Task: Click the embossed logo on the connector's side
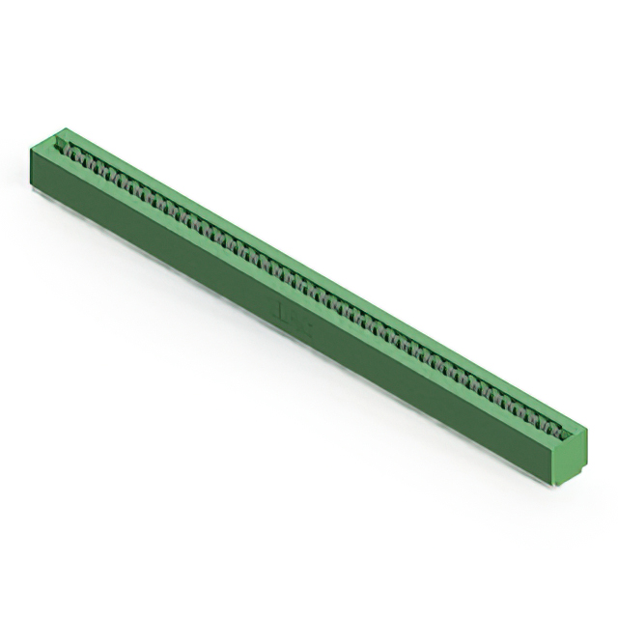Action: click(x=290, y=315)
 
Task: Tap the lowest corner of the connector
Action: click(x=558, y=486)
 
